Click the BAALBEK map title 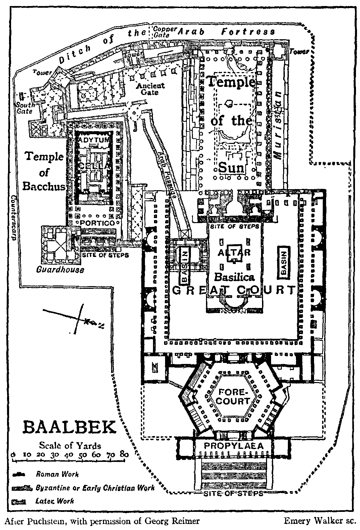(70, 428)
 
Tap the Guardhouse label (60, 269)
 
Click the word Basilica (235, 277)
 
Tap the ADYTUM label (94, 139)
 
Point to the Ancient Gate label (150, 88)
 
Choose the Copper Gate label (164, 32)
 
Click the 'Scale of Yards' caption (70, 445)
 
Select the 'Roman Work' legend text (57, 474)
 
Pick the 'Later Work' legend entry (54, 501)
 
